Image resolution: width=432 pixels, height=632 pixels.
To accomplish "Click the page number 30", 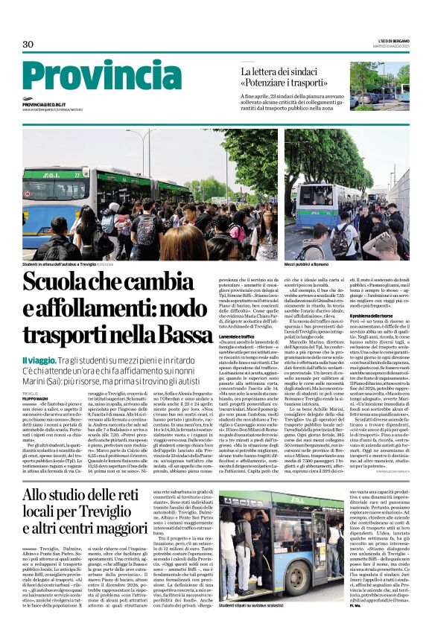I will click(x=28, y=45).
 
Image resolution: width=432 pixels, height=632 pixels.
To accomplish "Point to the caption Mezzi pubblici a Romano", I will click(x=306, y=264).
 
